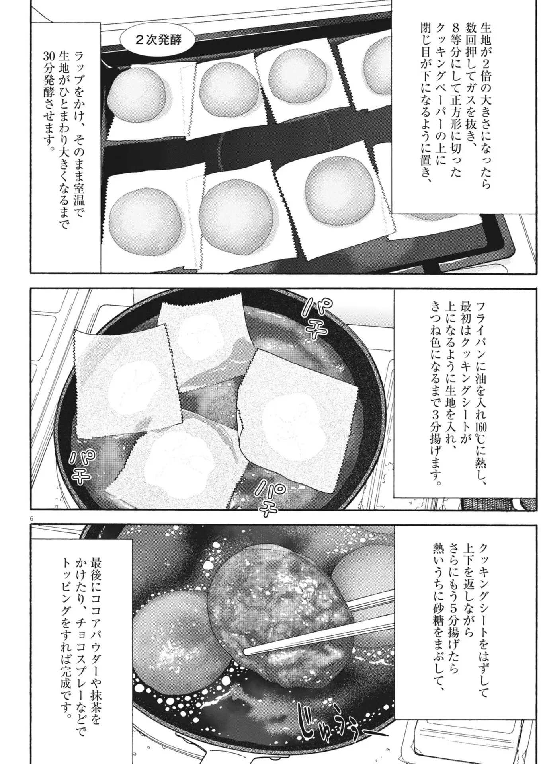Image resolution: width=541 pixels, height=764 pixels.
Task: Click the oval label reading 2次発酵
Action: coord(158,41)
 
